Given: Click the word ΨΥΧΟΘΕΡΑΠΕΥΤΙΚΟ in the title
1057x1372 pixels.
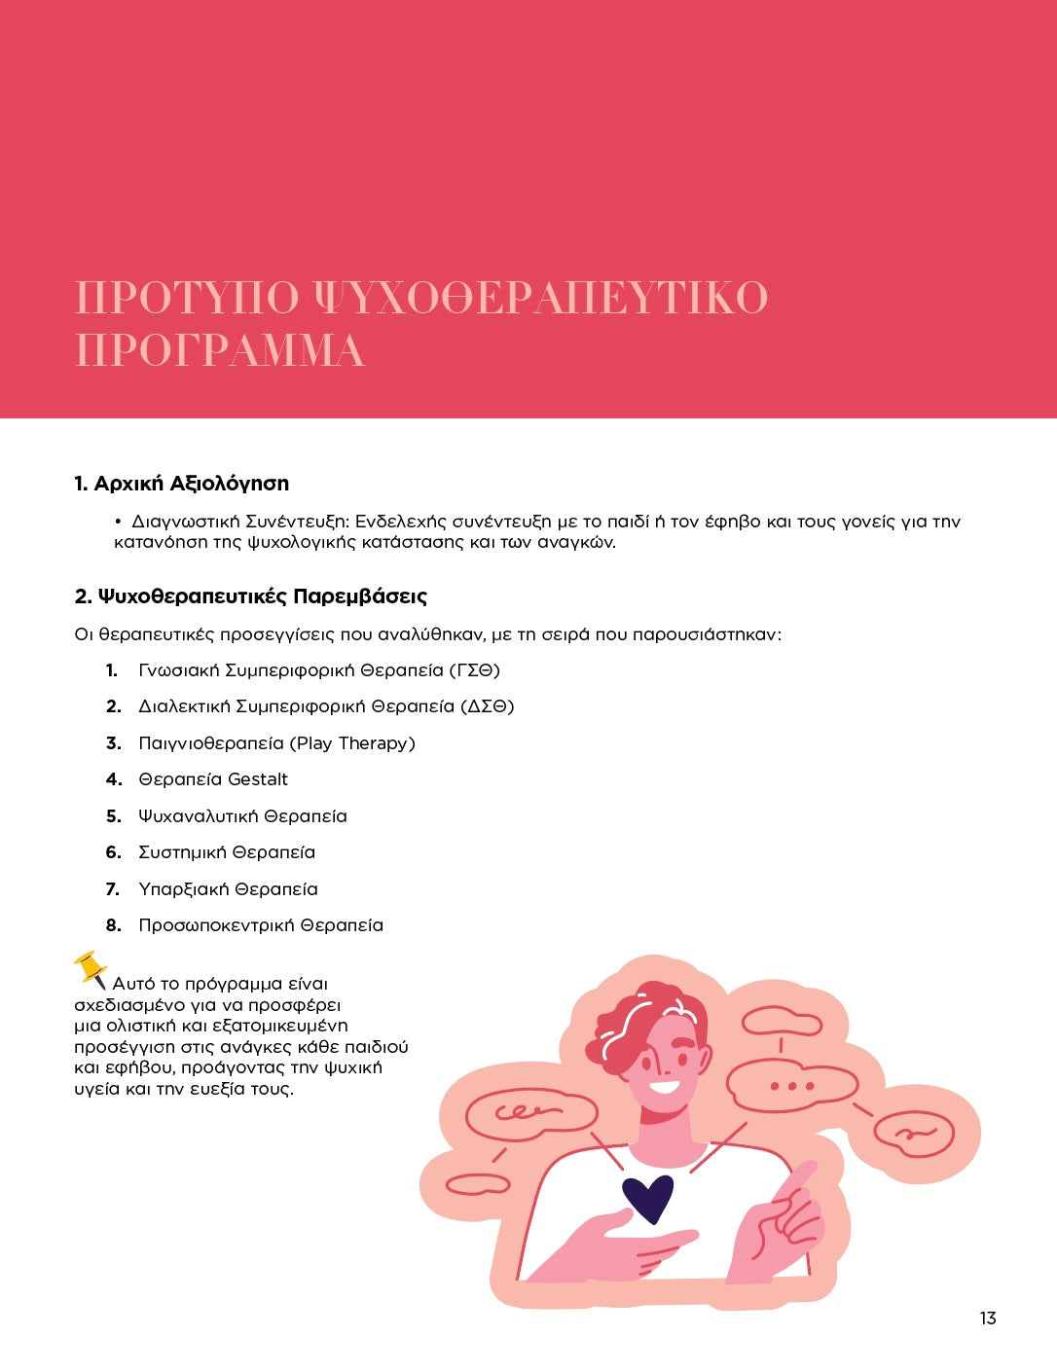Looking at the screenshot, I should [541, 297].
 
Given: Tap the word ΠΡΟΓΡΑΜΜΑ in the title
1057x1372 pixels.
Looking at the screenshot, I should [220, 350].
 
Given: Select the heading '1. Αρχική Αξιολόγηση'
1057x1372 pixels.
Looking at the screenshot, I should [182, 484].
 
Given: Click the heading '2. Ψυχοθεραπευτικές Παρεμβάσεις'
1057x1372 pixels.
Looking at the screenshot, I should [251, 596].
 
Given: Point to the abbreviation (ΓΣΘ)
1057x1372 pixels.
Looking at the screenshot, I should [474, 670].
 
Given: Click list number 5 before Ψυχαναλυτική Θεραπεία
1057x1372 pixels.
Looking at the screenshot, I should [113, 816].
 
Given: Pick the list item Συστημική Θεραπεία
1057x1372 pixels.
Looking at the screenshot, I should [227, 852].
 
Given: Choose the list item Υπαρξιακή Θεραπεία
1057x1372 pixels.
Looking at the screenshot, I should [228, 889].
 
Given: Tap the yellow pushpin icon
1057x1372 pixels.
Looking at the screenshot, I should [91, 969].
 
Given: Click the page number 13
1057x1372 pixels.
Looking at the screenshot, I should [988, 1318].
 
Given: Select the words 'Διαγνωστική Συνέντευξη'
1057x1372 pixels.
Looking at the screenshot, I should [239, 522].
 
